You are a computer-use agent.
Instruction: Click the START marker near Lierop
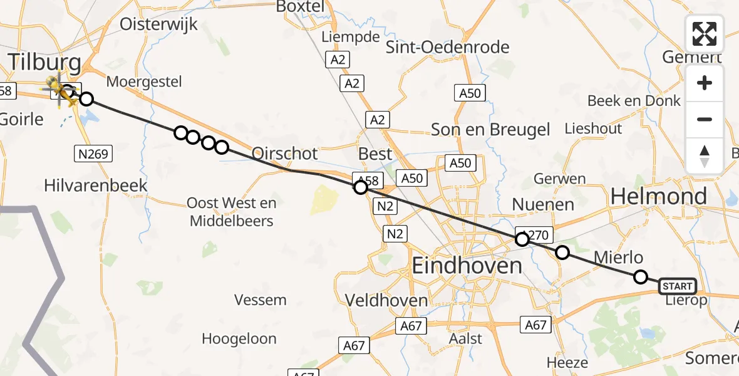678,286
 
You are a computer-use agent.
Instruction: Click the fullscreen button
705,33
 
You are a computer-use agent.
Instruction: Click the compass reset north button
705,156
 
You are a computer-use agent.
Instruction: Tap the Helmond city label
658,197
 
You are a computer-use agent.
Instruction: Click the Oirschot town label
284,154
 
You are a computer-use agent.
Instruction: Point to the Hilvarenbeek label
96,185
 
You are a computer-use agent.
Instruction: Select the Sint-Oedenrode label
447,47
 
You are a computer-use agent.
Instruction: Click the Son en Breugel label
490,130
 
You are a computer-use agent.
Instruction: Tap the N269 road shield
94,154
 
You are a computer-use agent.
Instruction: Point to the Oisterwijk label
158,24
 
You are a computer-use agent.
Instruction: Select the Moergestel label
144,81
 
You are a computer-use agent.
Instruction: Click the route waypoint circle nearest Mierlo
640,276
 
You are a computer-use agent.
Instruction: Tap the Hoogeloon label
239,339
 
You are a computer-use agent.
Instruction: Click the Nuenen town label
543,204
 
